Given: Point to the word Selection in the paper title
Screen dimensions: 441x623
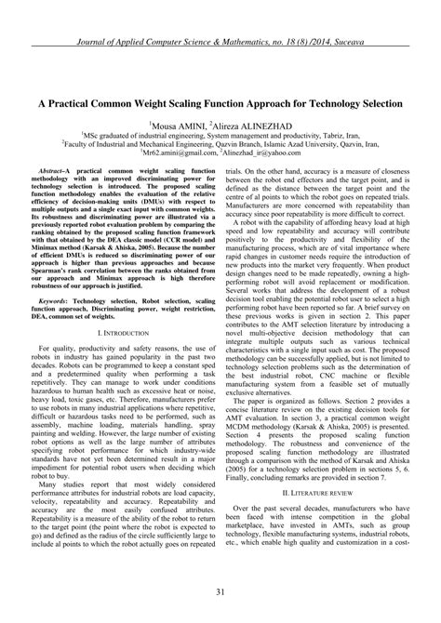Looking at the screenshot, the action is (373, 101).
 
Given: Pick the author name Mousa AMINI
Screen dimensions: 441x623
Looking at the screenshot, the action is (175, 124).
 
